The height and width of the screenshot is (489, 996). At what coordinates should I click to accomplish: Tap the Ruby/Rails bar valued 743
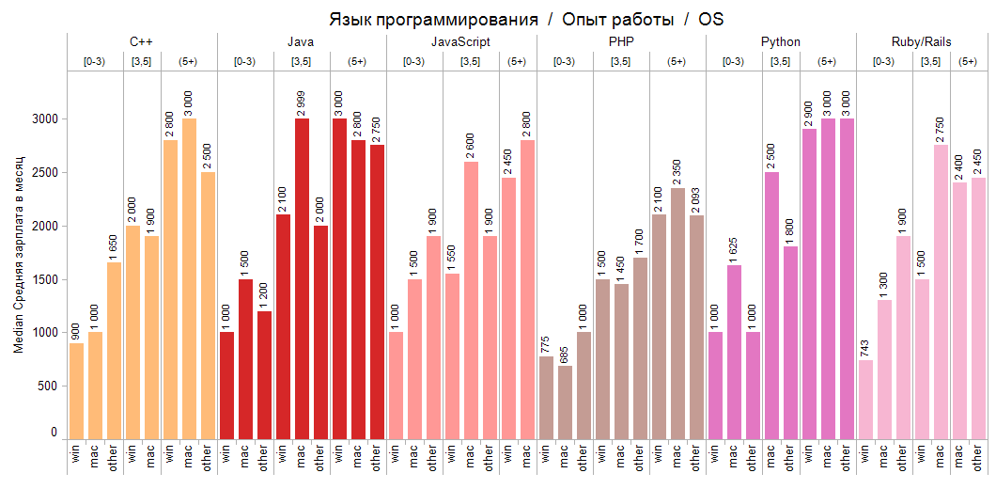(865, 399)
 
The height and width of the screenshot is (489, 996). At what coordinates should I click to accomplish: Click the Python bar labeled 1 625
(734, 352)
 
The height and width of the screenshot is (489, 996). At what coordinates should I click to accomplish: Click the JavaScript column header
(460, 42)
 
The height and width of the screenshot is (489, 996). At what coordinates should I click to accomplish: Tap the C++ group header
(142, 42)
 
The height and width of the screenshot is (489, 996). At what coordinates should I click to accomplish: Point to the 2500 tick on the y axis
(46, 173)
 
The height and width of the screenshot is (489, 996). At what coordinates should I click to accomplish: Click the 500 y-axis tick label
(49, 386)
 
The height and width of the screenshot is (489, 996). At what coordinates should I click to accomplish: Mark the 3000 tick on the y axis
(46, 119)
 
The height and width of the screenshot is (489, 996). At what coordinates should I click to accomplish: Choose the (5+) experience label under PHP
(677, 62)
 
